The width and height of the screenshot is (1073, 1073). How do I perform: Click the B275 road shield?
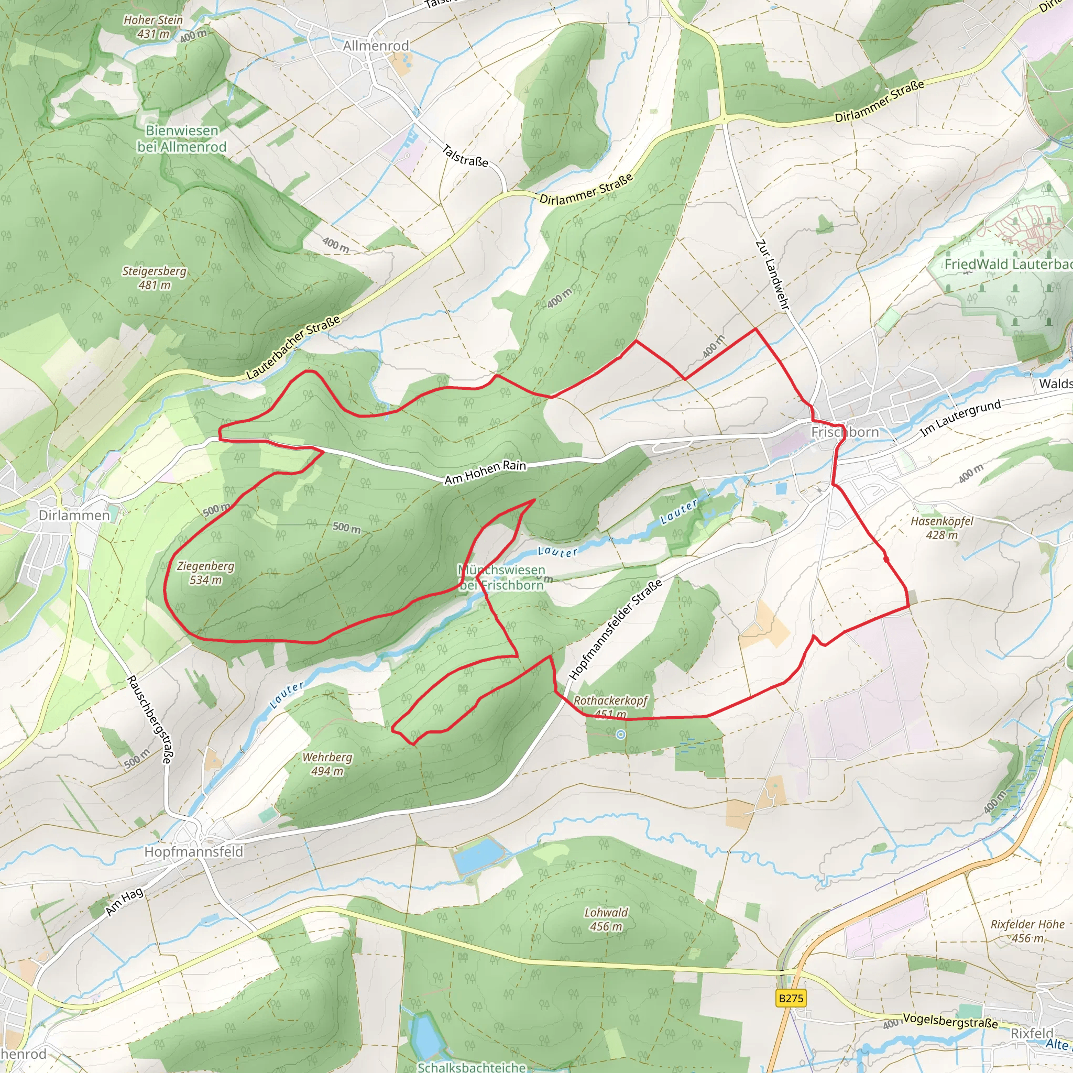point(791,998)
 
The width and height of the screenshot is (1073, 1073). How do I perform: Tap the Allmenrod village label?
point(376,46)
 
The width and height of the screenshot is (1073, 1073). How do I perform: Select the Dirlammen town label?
point(74,515)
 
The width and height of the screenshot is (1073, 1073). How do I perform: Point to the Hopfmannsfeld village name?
point(193,851)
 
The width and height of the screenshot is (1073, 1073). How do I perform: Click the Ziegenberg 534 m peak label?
point(205,573)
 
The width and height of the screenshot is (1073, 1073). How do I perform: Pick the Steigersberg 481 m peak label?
point(155,278)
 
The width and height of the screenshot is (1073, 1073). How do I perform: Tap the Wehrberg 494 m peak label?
point(327,764)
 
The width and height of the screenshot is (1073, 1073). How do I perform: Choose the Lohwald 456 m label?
point(606,919)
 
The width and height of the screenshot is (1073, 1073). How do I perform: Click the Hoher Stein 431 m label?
point(153,27)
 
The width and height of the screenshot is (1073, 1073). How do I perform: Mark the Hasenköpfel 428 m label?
point(942,528)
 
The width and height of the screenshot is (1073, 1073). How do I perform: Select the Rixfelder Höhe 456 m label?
point(1027,931)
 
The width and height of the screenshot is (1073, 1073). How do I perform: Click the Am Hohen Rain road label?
point(485,472)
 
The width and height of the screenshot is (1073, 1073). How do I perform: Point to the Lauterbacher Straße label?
point(293,348)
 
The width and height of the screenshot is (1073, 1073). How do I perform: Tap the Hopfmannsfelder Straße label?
point(616,629)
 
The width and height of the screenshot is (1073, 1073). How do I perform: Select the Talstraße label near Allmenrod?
point(465,156)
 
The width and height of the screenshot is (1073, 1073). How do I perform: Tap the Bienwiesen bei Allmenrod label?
point(182,138)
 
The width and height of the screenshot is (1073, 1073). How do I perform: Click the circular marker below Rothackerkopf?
point(620,734)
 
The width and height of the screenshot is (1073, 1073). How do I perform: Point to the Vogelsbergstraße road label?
point(950,1021)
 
